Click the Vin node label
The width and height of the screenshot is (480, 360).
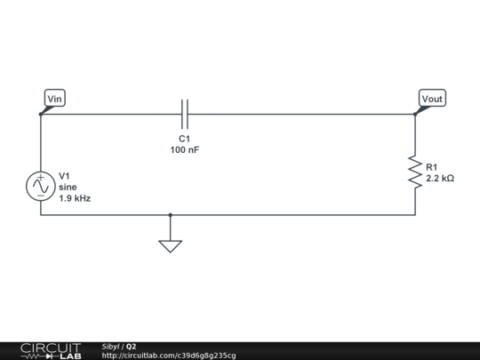tap(54, 99)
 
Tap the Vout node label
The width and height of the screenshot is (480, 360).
tap(432, 99)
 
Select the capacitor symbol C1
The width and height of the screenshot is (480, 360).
tap(185, 114)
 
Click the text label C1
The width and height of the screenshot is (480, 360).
tap(185, 140)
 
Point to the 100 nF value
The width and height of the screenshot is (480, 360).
tap(185, 150)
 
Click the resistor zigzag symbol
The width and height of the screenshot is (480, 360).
tap(414, 172)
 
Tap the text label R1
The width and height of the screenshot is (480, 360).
tap(432, 167)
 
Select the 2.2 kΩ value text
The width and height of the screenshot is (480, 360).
tap(440, 179)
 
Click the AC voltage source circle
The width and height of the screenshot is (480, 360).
tap(41, 186)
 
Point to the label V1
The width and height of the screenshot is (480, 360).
tap(64, 175)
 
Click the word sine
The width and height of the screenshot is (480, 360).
tap(68, 187)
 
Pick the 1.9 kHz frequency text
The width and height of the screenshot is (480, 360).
tap(75, 198)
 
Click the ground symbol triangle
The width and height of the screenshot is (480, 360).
tap(170, 245)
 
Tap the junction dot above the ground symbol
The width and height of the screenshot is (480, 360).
tap(170, 214)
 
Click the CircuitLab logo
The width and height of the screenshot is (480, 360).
tap(51, 350)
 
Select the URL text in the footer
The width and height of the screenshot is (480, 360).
tap(169, 356)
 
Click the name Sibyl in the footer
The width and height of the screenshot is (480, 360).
tap(110, 346)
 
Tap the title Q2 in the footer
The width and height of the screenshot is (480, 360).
tap(131, 346)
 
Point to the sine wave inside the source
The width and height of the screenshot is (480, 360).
tap(41, 188)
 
